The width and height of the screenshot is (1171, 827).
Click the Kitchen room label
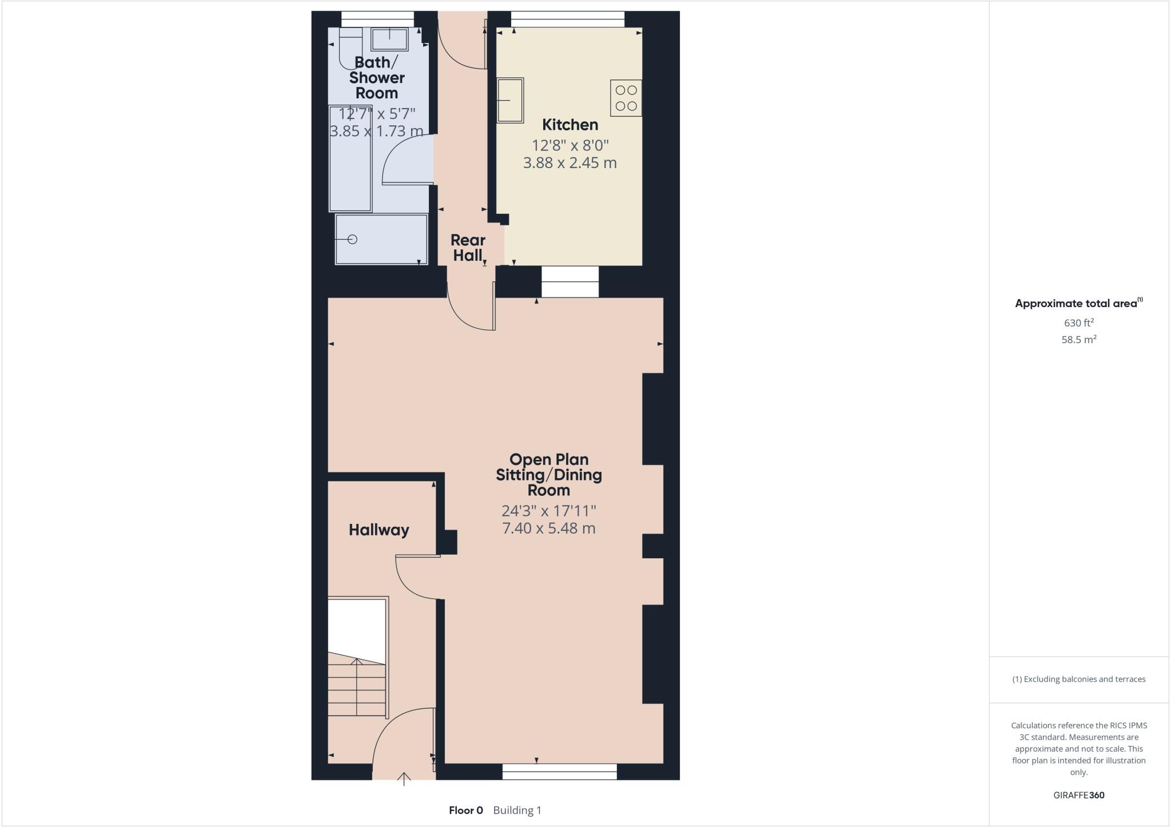569,125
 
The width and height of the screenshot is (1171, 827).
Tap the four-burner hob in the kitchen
626,98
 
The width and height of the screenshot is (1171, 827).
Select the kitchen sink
510,101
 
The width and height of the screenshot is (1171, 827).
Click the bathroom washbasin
389,39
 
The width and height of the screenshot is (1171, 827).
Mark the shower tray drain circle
352,239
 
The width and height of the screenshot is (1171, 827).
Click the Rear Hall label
468,248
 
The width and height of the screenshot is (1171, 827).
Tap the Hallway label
379,530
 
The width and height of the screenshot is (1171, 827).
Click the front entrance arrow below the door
404,778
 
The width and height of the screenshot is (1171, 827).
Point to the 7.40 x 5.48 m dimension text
548,528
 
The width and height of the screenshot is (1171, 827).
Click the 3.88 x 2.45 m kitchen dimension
569,163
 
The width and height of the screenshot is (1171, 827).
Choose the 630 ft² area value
1078,323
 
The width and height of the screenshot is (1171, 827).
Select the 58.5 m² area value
1078,339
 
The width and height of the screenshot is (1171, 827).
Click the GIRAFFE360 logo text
1078,795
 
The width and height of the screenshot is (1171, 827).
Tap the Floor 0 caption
465,810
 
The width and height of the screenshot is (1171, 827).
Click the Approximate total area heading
1076,304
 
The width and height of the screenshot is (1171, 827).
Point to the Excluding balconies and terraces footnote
1078,679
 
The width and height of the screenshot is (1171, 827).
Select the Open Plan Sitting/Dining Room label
548,475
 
